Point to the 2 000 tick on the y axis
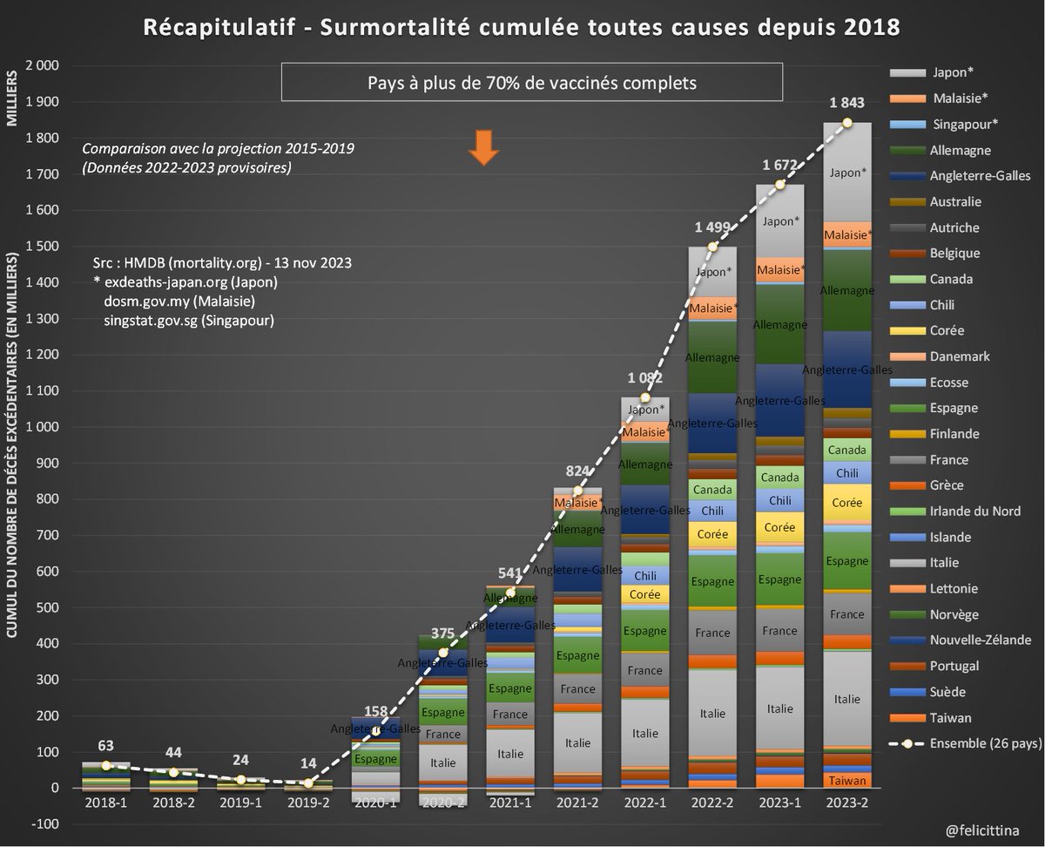(43, 66)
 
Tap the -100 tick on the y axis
(47, 824)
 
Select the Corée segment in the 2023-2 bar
(847, 503)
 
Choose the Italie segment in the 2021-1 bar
(510, 755)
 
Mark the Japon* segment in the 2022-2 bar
(712, 272)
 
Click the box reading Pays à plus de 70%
(532, 85)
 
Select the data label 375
(444, 634)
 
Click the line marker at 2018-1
(107, 765)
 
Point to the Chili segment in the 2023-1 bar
(779, 500)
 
